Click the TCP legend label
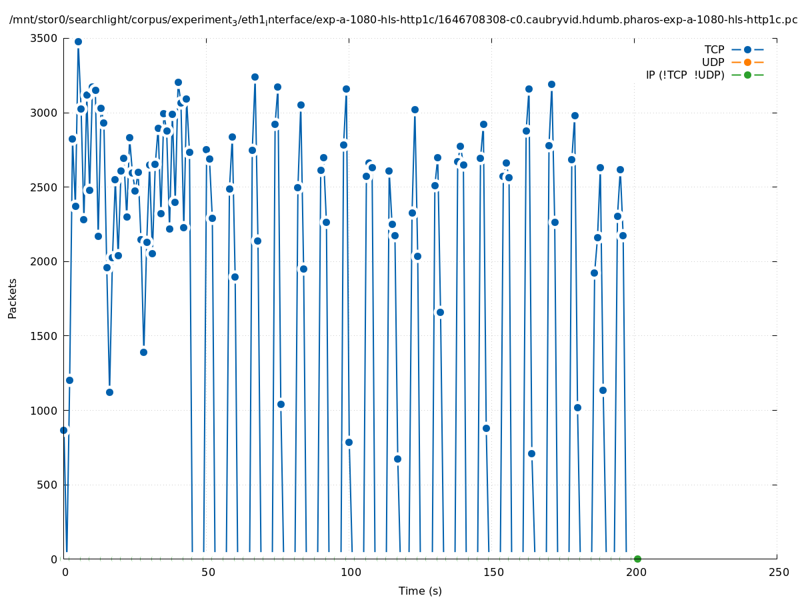714,49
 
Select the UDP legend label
713,62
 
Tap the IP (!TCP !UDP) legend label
685,75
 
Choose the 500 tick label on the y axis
47,485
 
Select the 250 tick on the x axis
777,572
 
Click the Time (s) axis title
420,591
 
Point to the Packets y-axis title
13,298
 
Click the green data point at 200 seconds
637,559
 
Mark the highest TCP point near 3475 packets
78,41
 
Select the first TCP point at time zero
63,430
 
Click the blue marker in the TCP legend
747,49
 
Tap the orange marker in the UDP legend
747,62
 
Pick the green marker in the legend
747,75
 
